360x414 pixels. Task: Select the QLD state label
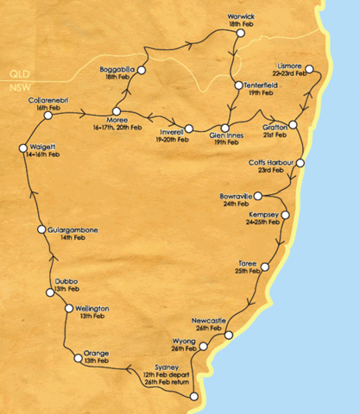point(16,75)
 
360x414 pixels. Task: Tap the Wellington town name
point(92,308)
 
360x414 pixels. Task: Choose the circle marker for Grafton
point(293,126)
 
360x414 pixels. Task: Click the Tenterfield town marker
point(236,85)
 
